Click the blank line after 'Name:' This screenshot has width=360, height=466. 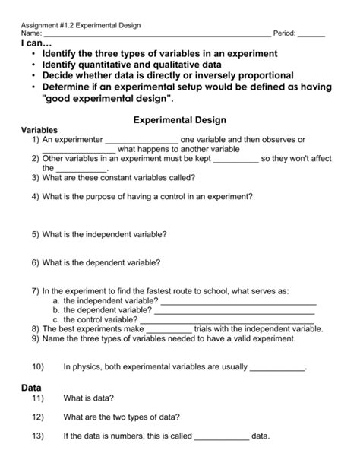click(x=156, y=35)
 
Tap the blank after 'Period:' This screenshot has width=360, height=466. click(x=311, y=35)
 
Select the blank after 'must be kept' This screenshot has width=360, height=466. click(x=236, y=160)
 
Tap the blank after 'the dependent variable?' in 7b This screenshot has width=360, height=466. click(x=235, y=311)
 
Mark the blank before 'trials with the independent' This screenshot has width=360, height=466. click(x=169, y=329)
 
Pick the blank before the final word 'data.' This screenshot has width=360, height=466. click(x=222, y=438)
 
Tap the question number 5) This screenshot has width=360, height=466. click(x=36, y=235)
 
